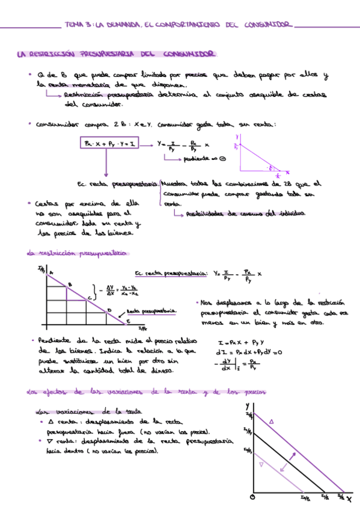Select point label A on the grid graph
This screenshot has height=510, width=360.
tap(51, 272)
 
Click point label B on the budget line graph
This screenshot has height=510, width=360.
tap(70, 284)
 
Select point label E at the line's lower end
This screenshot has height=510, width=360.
tap(128, 322)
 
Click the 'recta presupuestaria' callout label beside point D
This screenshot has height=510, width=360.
tap(151, 311)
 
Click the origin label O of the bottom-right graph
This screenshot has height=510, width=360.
tap(252, 498)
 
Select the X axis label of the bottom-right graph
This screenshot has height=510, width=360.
tap(349, 498)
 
